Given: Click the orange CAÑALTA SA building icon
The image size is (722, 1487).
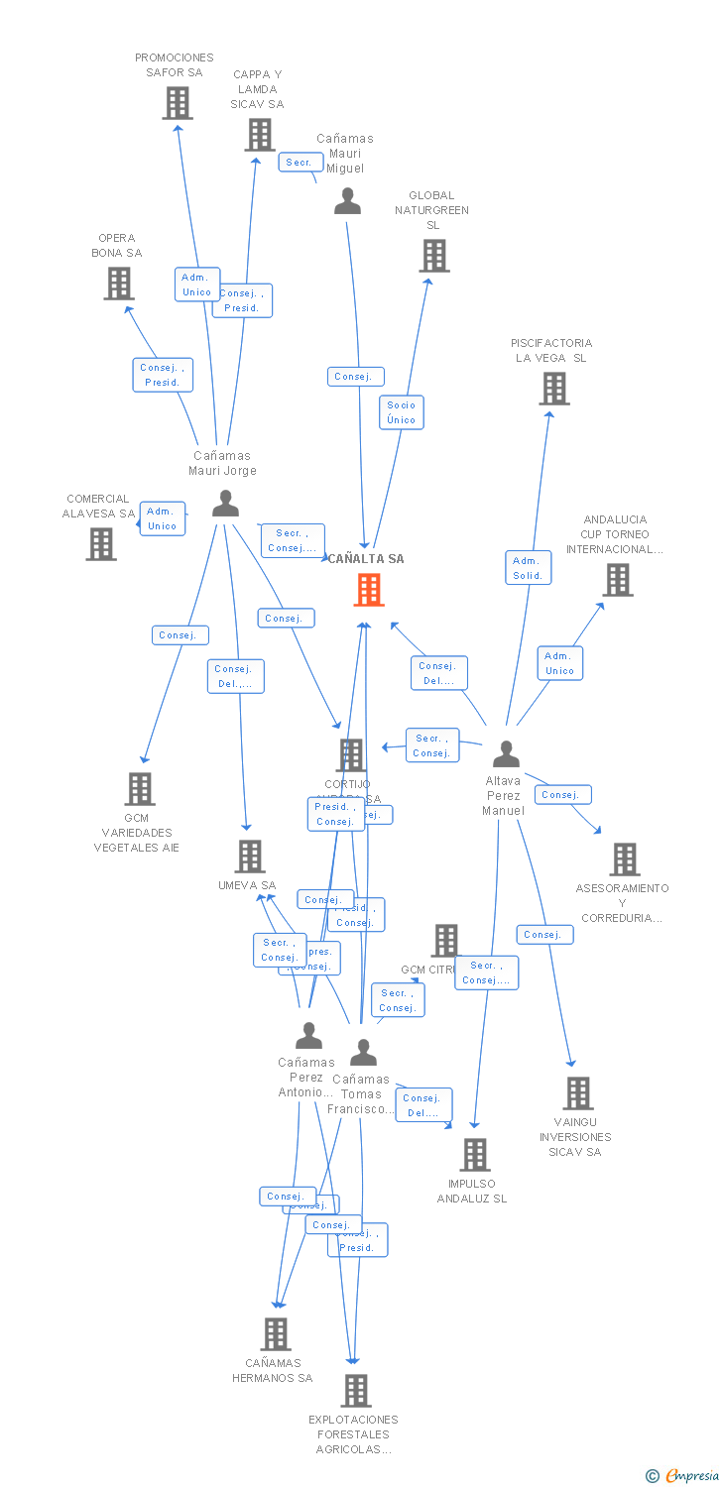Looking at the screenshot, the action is click(x=369, y=590).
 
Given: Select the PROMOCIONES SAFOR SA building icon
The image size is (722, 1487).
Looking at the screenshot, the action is click(x=178, y=102).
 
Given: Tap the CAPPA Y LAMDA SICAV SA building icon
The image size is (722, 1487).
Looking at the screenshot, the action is click(x=260, y=134).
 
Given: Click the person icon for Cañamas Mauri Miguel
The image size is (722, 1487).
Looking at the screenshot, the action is click(x=347, y=201).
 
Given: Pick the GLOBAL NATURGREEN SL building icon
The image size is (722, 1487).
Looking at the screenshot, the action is click(x=433, y=255).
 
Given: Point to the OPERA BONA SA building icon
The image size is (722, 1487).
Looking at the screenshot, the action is click(x=119, y=284).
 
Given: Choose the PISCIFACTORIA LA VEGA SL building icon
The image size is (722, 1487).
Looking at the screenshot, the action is click(x=554, y=388).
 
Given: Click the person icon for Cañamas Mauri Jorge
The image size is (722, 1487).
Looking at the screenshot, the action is click(x=226, y=504).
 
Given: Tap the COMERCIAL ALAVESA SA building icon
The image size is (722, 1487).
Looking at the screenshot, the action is click(x=101, y=543).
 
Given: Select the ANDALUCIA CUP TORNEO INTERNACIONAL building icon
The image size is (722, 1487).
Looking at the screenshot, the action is click(x=618, y=579).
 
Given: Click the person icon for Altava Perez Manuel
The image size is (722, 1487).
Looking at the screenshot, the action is click(x=506, y=754).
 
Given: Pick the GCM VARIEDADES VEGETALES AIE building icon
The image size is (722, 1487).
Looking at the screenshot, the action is click(x=140, y=788).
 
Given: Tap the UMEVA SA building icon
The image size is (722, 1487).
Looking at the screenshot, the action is click(x=249, y=856).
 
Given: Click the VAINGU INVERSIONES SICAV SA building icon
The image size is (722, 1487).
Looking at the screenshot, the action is click(x=578, y=1092).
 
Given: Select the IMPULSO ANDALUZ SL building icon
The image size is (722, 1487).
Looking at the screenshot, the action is click(x=475, y=1154).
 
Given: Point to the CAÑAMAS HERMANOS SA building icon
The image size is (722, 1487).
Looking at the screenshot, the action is click(x=276, y=1333).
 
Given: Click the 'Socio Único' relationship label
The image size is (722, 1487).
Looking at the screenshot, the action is click(x=402, y=412).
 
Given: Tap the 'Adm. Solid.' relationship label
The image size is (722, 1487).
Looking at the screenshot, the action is click(x=528, y=568).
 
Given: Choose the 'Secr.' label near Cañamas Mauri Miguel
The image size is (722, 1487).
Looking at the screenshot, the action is click(x=299, y=162).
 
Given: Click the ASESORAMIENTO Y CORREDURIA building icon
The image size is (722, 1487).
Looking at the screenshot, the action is click(x=625, y=858).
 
